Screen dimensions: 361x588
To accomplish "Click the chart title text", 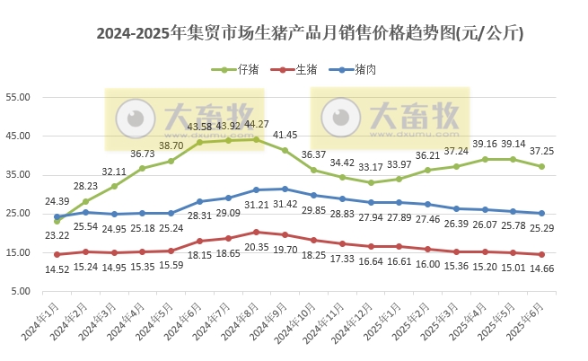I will (310, 34).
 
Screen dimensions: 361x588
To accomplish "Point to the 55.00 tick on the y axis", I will (19, 97).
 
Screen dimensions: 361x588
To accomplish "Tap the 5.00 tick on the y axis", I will (22, 292).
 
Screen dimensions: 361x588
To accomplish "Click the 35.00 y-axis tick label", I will (19, 175).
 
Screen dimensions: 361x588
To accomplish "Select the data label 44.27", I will (257, 124).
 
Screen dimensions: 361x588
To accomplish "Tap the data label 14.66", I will (542, 269).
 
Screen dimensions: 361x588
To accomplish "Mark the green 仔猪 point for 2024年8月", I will (257, 139).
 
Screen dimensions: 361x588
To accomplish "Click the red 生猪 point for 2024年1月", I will (57, 254).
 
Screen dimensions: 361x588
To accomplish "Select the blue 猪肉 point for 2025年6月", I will (542, 213).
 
